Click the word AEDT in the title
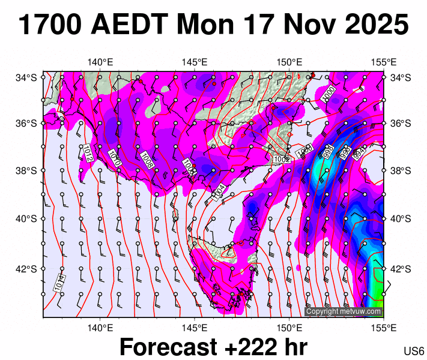coord(132,25)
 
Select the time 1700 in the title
coord(51,25)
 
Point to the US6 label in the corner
coord(414,350)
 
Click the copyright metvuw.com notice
coord(344,311)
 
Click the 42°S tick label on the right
coord(401,268)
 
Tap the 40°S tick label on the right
coord(401,218)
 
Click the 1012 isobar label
coord(88,153)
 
